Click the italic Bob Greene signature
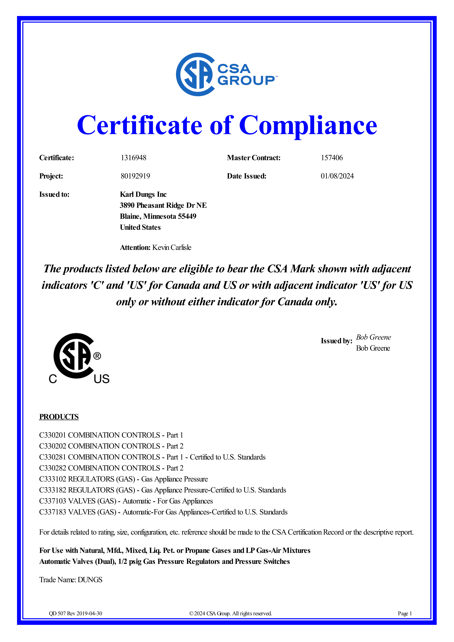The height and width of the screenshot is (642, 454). click(x=373, y=337)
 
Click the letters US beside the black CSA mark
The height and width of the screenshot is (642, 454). click(x=102, y=379)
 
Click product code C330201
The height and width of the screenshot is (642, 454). click(x=53, y=435)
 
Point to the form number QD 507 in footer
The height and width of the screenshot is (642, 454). click(x=57, y=614)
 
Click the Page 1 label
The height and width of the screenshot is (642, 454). click(x=405, y=614)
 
